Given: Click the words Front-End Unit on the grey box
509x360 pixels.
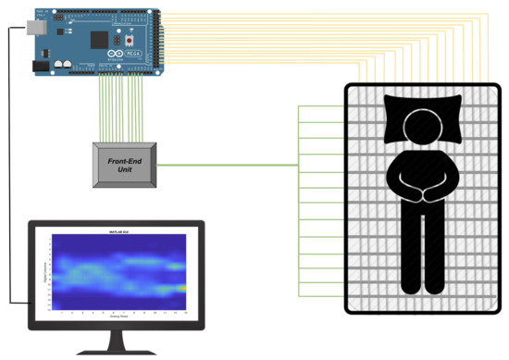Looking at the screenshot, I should (123, 167).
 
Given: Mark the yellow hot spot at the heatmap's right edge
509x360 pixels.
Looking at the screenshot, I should (182, 288).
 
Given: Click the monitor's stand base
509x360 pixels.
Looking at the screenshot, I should (115, 353).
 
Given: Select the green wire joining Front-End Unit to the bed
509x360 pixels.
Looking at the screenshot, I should (231, 166).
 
